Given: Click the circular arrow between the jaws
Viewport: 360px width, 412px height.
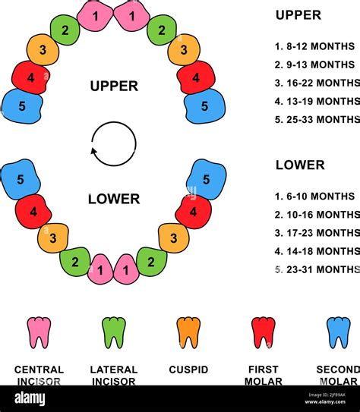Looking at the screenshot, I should pyautogui.click(x=113, y=143).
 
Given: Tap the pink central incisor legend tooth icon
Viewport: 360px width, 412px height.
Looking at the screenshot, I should pyautogui.click(x=39, y=332).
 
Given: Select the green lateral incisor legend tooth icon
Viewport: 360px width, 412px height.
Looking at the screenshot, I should pyautogui.click(x=114, y=332).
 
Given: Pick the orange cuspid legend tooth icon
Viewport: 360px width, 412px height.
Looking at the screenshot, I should pyautogui.click(x=188, y=332).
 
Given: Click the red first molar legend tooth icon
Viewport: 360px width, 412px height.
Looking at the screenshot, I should pyautogui.click(x=264, y=332).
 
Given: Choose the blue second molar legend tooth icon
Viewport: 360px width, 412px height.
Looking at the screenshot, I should pyautogui.click(x=339, y=332).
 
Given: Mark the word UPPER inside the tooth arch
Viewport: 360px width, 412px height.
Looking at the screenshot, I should pyautogui.click(x=114, y=86).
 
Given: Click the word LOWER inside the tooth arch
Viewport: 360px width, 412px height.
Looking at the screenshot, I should pyautogui.click(x=114, y=200).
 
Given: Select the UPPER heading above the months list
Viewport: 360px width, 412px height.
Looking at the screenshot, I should pyautogui.click(x=298, y=15).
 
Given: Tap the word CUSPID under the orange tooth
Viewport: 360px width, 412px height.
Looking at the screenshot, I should pyautogui.click(x=188, y=370).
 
